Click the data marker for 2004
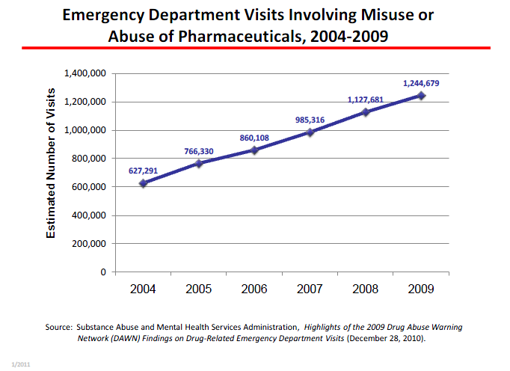[x=143, y=183]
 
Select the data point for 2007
[x=310, y=132]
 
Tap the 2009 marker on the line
[x=422, y=96]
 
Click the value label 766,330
[x=199, y=152]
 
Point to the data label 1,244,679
[x=420, y=83]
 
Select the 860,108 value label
[x=254, y=138]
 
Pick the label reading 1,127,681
[x=366, y=99]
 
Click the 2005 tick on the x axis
[x=198, y=289]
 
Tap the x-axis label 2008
[x=366, y=289]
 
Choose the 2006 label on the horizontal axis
[x=254, y=289]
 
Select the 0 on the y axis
[x=105, y=272]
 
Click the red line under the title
[x=254, y=49]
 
